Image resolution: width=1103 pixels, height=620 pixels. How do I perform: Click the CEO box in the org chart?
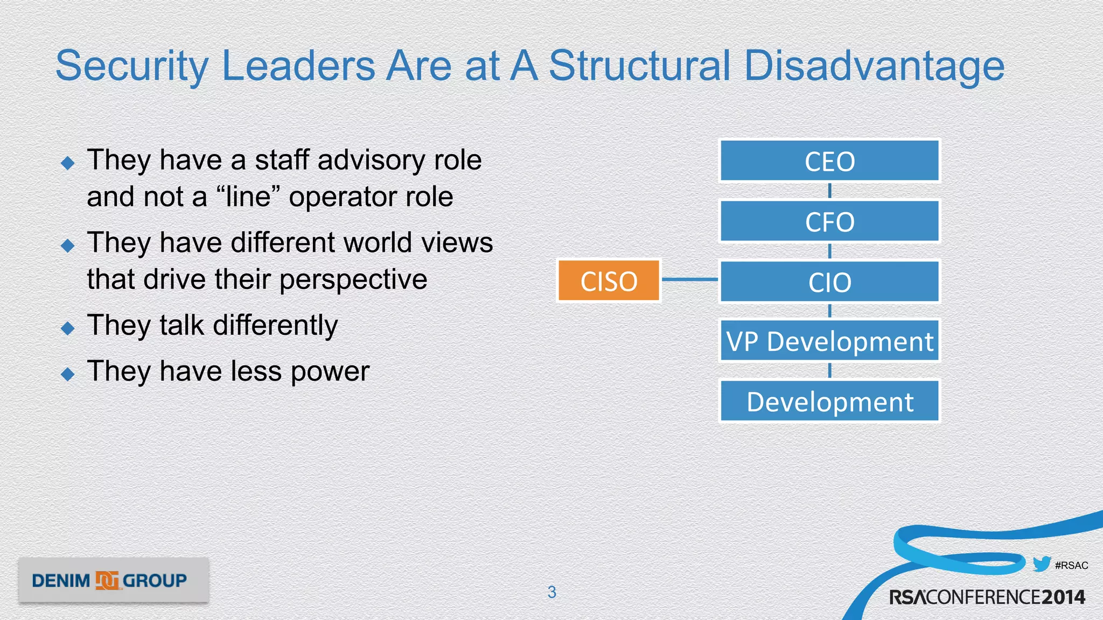point(829,161)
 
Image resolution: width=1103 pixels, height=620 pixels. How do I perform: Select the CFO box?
point(829,221)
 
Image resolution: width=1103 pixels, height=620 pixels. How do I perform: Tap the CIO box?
point(829,281)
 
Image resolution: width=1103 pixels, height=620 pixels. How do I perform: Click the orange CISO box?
point(609,280)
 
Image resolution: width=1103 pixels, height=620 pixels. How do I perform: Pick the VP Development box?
point(829,341)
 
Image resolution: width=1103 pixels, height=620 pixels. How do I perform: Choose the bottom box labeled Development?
point(829,401)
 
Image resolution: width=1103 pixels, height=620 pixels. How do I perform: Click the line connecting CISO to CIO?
point(689,279)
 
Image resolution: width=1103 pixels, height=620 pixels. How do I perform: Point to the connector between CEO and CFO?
point(829,191)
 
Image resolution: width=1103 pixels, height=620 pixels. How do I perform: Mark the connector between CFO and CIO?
point(829,251)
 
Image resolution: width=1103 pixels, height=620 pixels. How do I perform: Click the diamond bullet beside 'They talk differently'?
point(68,328)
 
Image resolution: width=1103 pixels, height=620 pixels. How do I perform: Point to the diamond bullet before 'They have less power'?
point(68,374)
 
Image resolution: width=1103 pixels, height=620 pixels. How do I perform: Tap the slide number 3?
point(551,592)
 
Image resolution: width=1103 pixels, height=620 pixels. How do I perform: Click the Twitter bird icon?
point(1042,564)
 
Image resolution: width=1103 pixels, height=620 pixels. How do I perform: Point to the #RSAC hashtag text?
point(1071,565)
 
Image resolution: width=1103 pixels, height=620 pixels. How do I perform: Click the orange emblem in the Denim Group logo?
point(107,580)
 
